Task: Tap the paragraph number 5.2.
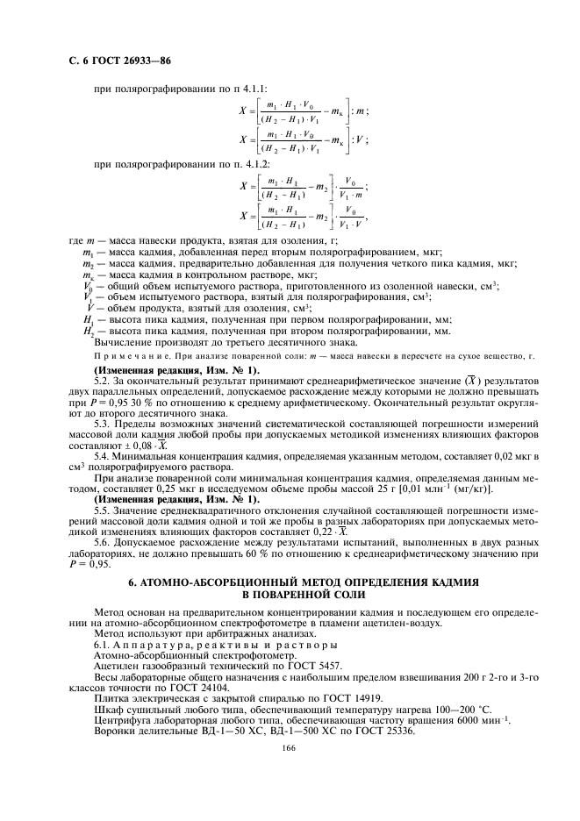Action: pyautogui.click(x=104, y=382)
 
